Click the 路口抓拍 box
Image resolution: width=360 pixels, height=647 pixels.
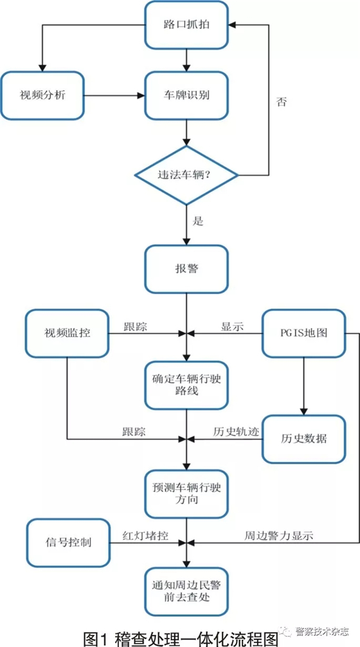coord(186,24)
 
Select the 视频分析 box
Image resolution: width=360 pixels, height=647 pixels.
coord(42,96)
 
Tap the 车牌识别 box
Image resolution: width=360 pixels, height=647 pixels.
coord(186,96)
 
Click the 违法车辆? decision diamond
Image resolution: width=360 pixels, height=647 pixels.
coord(186,175)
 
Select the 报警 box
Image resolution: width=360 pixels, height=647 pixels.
coord(186,269)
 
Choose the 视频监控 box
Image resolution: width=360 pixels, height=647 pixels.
coord(67,333)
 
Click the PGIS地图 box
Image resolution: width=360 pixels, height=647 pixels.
coord(304,333)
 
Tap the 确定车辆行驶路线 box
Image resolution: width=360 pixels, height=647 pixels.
coord(186,385)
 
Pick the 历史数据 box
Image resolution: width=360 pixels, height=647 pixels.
coord(304,439)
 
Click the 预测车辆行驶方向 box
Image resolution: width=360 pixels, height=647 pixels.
coord(186,494)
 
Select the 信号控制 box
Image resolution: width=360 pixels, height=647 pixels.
coord(68,542)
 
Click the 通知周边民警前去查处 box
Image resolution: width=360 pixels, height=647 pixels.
coord(186,591)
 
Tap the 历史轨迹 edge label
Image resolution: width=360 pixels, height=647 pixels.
coord(237,432)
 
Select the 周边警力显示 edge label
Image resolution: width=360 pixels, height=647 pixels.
coord(280,536)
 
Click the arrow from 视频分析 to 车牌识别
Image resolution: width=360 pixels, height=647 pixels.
coord(114,96)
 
